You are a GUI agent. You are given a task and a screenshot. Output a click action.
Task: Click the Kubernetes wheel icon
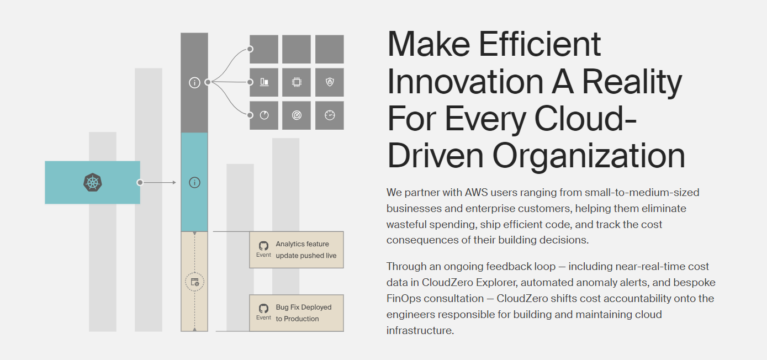pos(92,182)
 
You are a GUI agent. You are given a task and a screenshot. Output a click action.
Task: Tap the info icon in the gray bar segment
pos(194,83)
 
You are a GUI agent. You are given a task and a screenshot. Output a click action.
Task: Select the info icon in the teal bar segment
pos(194,183)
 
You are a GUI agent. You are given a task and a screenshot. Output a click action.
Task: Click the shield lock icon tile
pos(330,82)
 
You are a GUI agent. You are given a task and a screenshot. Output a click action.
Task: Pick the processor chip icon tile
pos(297,82)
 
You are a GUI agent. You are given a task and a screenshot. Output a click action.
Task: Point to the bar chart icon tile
pos(264,82)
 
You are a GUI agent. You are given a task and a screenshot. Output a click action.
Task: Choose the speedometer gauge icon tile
pos(330,115)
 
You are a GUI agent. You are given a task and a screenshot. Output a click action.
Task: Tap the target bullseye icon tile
pos(297,115)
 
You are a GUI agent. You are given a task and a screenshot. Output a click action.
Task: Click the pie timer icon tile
pos(264,115)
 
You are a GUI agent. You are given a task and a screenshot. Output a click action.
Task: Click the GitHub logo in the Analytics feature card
pos(263,246)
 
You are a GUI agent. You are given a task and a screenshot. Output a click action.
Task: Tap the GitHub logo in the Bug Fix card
pos(263,308)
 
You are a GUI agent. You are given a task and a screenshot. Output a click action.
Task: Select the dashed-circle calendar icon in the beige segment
pos(194,282)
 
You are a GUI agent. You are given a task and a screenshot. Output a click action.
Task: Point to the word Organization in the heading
pos(589,156)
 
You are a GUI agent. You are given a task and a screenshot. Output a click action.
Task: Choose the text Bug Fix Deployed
pos(304,307)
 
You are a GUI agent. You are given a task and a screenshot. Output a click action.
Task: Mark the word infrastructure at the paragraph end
pos(420,331)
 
